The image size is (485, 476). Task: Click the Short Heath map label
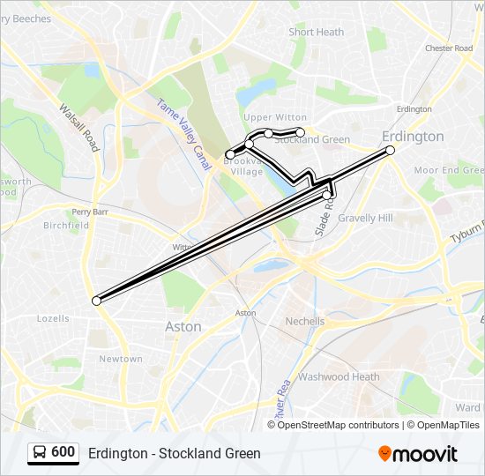click(x=316, y=33)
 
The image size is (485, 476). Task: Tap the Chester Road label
click(x=449, y=48)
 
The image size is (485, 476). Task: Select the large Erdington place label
click(x=413, y=137)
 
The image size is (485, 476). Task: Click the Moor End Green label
click(x=449, y=169)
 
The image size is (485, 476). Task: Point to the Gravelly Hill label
click(x=365, y=218)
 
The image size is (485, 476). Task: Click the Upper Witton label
click(x=275, y=117)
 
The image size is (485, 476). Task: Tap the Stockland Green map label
click(x=311, y=140)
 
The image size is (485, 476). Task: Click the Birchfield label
click(x=66, y=226)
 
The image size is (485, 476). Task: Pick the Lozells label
click(x=53, y=318)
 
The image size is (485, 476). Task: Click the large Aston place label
click(x=183, y=327)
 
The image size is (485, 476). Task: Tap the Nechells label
click(x=305, y=322)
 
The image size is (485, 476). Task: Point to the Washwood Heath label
click(x=339, y=376)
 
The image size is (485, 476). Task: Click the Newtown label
click(x=121, y=359)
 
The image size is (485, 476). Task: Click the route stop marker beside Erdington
click(x=390, y=151)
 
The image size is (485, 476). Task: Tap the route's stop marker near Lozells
click(x=96, y=301)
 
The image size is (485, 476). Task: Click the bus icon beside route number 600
click(x=40, y=452)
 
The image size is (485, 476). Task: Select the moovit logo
click(x=418, y=453)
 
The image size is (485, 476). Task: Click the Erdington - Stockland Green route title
click(x=175, y=453)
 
